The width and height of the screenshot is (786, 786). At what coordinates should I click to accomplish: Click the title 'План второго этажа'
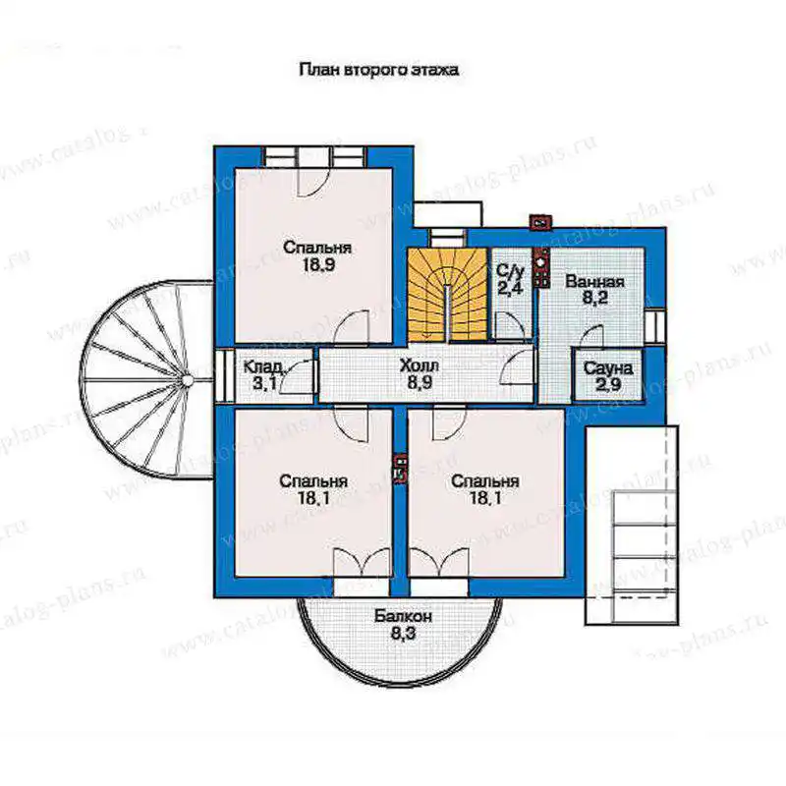(x=378, y=69)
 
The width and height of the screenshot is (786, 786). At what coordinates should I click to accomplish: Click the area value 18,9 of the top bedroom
(x=317, y=264)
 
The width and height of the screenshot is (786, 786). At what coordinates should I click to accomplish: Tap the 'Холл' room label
(x=420, y=365)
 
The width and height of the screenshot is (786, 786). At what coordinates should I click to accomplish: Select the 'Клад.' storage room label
(x=264, y=366)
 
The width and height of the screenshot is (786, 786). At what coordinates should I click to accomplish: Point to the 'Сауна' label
(x=608, y=368)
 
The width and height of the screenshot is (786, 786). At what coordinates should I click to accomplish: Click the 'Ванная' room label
(x=594, y=281)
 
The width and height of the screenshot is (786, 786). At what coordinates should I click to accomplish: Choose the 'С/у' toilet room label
(x=510, y=271)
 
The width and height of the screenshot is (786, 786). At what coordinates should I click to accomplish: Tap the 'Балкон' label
(x=403, y=616)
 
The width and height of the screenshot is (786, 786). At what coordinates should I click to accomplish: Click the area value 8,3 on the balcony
(x=403, y=634)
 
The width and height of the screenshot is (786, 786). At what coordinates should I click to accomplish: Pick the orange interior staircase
(x=447, y=295)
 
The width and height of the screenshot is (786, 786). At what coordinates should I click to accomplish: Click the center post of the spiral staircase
(x=187, y=380)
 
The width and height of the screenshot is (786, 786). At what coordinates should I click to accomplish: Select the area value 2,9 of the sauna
(x=608, y=385)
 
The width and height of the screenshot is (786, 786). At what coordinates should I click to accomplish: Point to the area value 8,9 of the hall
(x=420, y=382)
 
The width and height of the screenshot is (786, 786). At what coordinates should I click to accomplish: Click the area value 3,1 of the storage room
(x=263, y=384)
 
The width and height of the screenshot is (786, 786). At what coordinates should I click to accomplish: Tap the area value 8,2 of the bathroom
(x=595, y=298)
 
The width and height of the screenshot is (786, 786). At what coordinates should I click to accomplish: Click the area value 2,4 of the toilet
(x=510, y=288)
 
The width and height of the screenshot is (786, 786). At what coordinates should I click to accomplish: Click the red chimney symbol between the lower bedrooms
(x=400, y=470)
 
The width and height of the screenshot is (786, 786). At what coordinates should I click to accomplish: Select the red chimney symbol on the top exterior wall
(x=541, y=221)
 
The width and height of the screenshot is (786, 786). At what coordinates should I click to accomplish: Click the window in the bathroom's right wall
(x=655, y=326)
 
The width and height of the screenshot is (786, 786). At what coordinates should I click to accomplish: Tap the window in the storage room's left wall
(x=224, y=375)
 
